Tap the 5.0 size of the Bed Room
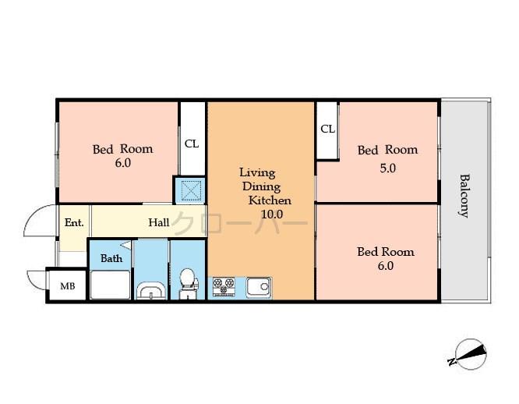(x=388, y=167)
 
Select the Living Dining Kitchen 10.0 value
(x=271, y=214)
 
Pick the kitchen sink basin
(x=258, y=287)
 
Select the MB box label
(x=68, y=286)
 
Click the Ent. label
(x=74, y=222)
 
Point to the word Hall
(x=159, y=222)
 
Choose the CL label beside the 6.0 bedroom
(x=191, y=144)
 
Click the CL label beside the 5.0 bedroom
(x=327, y=129)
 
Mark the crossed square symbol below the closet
(x=189, y=190)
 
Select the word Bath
(x=111, y=257)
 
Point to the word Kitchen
(x=270, y=200)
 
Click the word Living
(x=257, y=172)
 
